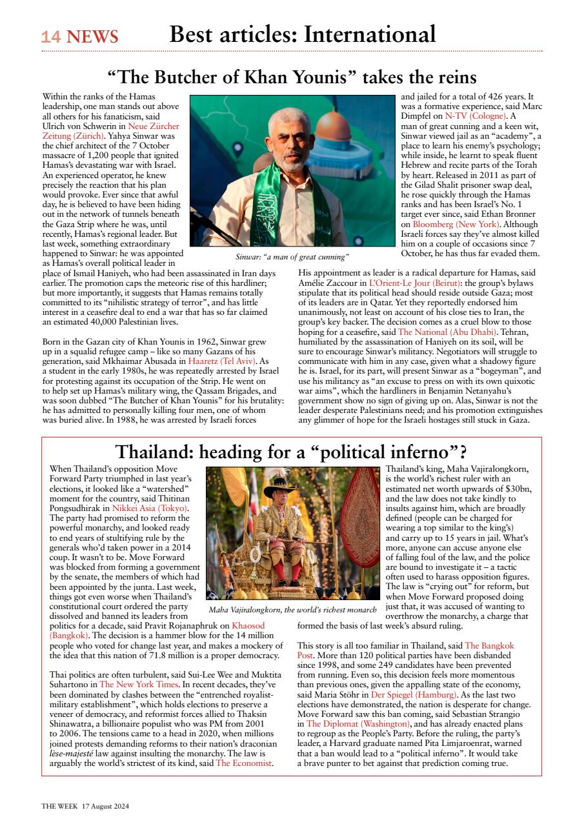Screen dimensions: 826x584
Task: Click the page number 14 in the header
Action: pos(51,37)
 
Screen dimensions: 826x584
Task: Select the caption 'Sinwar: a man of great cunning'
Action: pos(292,257)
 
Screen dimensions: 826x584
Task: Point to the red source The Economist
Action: pos(245,764)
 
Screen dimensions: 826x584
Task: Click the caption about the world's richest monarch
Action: pos(292,610)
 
